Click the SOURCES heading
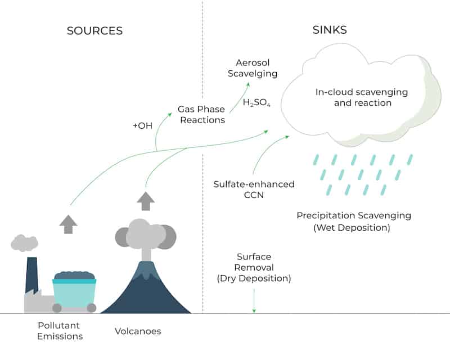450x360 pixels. (94, 31)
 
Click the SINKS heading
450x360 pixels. (330, 30)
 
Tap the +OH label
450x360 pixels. (143, 126)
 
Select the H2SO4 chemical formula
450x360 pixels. (256, 102)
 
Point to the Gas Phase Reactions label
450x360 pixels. (201, 115)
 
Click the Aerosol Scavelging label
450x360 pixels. (253, 68)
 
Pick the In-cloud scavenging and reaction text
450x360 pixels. (362, 97)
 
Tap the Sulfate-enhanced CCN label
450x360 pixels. (254, 190)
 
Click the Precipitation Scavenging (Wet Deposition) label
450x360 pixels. (354, 221)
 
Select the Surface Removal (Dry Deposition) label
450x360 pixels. (254, 268)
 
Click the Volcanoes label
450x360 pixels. (138, 331)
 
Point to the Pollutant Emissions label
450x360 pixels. (60, 331)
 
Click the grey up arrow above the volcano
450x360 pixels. (146, 201)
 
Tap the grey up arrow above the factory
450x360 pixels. (68, 224)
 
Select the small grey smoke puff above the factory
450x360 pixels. (24, 243)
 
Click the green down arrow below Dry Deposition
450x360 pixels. (254, 300)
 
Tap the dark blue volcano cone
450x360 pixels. (146, 293)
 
